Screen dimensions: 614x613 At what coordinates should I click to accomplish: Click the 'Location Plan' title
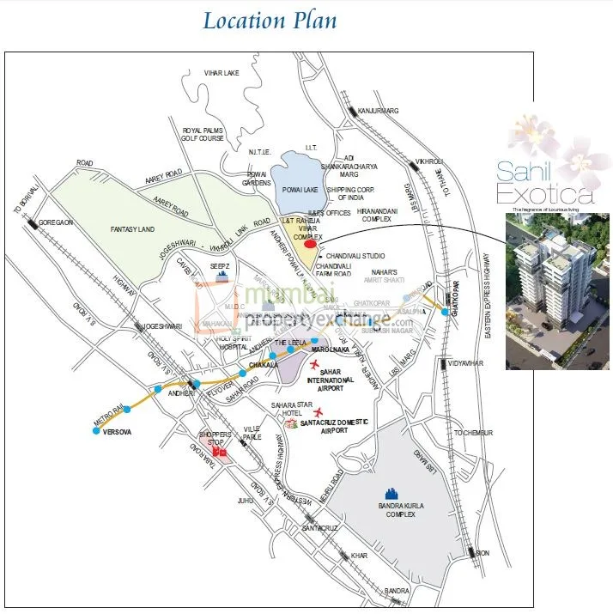pos(270,21)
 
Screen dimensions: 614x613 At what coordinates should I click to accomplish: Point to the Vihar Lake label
pos(220,74)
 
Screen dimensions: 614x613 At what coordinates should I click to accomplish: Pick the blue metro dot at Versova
pos(96,431)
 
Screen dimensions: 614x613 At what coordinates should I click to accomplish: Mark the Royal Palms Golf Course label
pos(203,135)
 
